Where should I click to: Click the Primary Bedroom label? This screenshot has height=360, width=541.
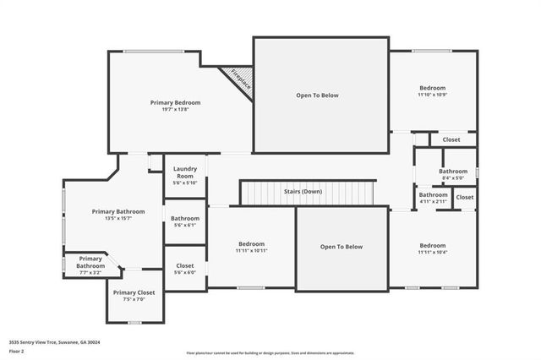pyautogui.click(x=175, y=102)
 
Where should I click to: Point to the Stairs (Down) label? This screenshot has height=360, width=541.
pyautogui.click(x=300, y=192)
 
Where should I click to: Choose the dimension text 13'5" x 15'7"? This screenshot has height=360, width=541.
pyautogui.click(x=118, y=218)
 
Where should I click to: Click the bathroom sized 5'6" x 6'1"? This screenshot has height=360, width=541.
pyautogui.click(x=184, y=221)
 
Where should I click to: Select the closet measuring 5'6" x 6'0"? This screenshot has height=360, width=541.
pyautogui.click(x=184, y=269)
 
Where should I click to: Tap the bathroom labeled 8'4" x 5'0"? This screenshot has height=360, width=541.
pyautogui.click(x=453, y=174)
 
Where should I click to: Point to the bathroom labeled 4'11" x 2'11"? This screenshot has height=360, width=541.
pyautogui.click(x=433, y=198)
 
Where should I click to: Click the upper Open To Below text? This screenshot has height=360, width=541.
pyautogui.click(x=317, y=95)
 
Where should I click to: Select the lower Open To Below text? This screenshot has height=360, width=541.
pyautogui.click(x=341, y=247)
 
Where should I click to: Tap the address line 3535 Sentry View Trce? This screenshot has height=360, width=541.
pyautogui.click(x=54, y=342)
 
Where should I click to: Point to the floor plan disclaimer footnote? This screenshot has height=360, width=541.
pyautogui.click(x=270, y=352)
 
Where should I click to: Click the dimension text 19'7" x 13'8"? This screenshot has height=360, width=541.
pyautogui.click(x=175, y=109)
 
